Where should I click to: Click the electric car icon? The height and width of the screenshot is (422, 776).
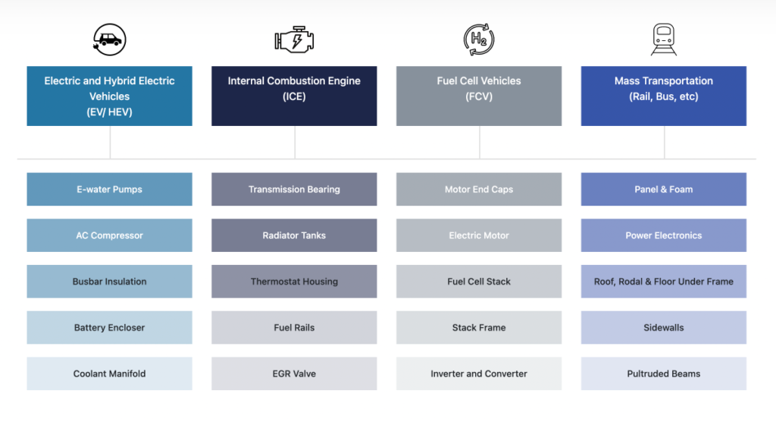109,39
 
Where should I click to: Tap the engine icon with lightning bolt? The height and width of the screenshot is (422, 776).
295,39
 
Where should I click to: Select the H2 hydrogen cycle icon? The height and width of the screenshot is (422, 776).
479,39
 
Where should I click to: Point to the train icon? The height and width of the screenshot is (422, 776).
664,39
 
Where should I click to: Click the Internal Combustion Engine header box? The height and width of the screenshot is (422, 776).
294,96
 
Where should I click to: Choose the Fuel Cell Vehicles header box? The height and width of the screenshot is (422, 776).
479,96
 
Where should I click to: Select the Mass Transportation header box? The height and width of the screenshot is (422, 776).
664,96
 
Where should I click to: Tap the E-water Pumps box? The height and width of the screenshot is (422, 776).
109,190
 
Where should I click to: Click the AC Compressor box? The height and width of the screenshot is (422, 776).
109,235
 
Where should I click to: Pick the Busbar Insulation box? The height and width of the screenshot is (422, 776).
109,282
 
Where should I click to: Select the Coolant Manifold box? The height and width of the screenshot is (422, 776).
109,374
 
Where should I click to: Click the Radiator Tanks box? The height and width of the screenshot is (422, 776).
294,235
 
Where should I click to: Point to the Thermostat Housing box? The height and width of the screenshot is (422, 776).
294,282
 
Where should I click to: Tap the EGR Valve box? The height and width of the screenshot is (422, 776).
294,374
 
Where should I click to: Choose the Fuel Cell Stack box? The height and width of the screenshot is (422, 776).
479,282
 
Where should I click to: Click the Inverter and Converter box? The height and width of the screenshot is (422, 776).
479,374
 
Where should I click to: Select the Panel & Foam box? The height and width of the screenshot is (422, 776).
664,190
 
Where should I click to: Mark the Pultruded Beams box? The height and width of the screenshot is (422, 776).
664,374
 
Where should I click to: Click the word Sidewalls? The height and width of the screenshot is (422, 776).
664,328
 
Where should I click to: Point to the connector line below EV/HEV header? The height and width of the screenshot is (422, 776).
111,143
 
